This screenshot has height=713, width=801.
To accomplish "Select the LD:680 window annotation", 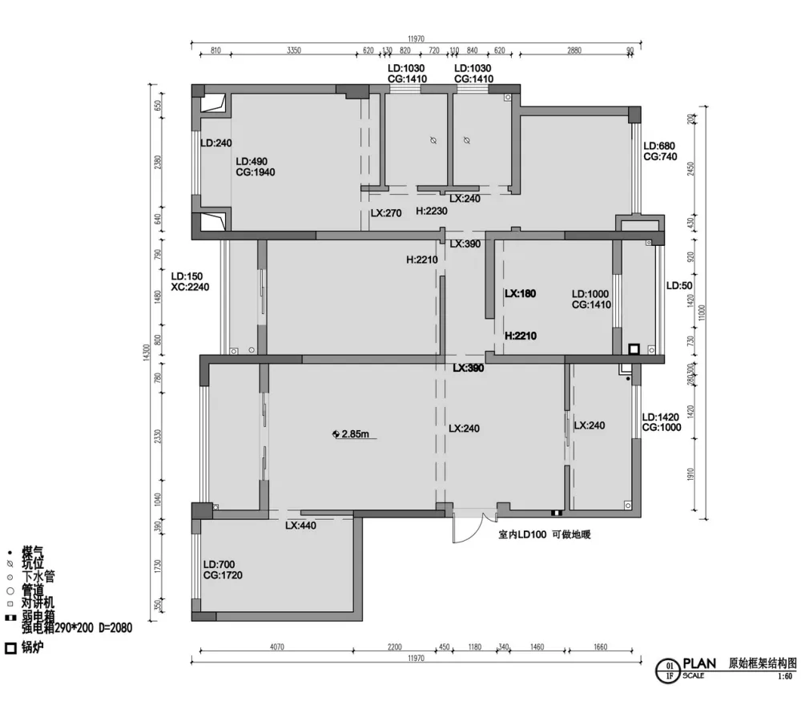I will (660, 146).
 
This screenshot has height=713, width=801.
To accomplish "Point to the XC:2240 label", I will (190, 287).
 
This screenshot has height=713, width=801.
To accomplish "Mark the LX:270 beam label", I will (386, 214).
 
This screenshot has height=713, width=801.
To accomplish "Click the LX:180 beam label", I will (520, 294).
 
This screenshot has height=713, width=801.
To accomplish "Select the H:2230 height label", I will (432, 211).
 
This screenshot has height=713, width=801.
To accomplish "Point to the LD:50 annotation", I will (680, 286).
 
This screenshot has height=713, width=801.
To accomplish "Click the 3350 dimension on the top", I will (293, 50).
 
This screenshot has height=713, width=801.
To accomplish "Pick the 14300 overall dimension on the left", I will (146, 352).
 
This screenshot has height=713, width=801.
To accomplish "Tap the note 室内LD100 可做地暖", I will (544, 534).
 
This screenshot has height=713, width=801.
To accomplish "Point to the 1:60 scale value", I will (784, 676).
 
